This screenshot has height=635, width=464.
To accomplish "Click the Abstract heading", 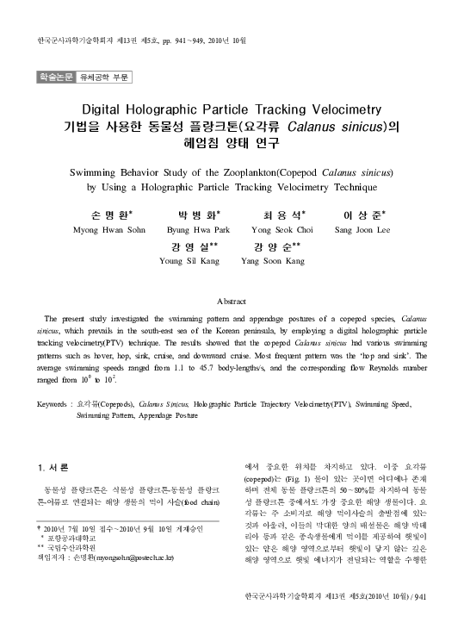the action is [232, 301].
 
